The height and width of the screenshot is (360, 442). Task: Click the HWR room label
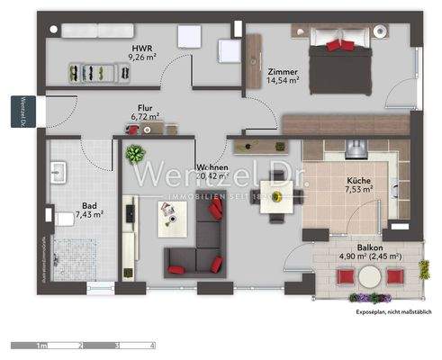[x=141, y=48]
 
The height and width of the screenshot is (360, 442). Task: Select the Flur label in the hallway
[x=145, y=105]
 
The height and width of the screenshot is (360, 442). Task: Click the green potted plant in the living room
[x=135, y=152]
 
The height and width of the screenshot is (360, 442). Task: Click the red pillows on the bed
[x=338, y=45]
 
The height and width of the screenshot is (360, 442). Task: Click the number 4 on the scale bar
[x=153, y=345]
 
